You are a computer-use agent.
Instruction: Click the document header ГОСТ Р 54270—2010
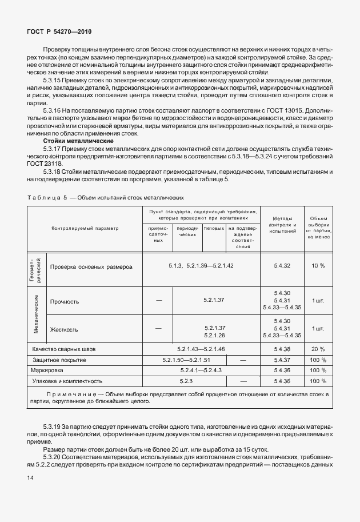click(59, 31)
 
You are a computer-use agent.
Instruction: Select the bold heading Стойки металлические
click(78, 141)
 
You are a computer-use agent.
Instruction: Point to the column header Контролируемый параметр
click(85, 228)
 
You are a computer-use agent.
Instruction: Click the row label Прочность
click(65, 301)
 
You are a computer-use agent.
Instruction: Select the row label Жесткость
click(64, 329)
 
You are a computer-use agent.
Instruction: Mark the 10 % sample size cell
click(318, 266)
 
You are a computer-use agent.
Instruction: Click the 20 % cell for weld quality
click(318, 349)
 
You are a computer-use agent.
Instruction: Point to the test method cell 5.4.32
click(282, 266)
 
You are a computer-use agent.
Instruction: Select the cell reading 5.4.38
click(282, 349)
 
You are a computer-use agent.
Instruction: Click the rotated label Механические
click(36, 315)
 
